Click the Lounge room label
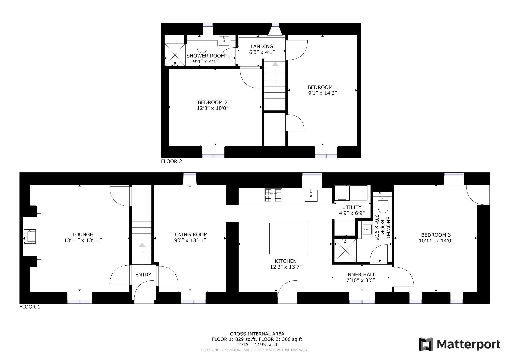[83, 234]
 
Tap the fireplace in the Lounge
[31, 236]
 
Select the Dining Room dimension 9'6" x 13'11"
[190, 240]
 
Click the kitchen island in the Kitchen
[289, 238]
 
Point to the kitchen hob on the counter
[273, 195]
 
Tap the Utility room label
[351, 207]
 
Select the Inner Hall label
[360, 274]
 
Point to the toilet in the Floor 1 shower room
[383, 204]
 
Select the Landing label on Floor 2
[262, 46]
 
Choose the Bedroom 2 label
[212, 102]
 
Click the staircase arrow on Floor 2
[275, 64]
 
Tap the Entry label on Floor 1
[143, 275]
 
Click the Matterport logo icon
[426, 344]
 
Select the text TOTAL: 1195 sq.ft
[257, 345]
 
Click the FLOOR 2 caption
[171, 161]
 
